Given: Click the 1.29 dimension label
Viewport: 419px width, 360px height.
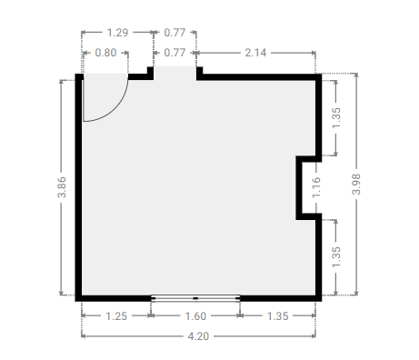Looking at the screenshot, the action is pos(117,33).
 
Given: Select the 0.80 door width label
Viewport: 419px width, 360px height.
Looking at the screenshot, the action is pos(105,53).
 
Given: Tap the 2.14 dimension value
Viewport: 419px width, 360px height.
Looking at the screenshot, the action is pos(255,53).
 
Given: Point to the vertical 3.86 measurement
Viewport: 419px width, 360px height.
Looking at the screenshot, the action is pos(62,187).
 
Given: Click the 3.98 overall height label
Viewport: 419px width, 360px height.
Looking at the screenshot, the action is pos(356,184).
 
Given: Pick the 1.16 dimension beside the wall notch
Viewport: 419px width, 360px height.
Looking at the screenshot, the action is pos(316,187).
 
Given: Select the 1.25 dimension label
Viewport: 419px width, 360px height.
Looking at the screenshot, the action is pos(116,316).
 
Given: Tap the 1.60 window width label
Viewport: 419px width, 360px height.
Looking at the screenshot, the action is pos(195,316).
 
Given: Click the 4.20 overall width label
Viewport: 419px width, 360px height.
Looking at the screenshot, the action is pos(198,336).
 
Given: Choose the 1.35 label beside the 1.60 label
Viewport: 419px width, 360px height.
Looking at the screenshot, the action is pos(277,316).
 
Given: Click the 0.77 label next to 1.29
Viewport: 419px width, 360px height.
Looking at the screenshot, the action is pos(175,33).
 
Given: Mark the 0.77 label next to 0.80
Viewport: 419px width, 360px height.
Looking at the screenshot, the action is pos(175,53).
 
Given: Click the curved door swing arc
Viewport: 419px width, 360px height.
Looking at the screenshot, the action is pos(115,108).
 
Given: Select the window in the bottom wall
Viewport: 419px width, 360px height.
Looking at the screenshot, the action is pos(195,298).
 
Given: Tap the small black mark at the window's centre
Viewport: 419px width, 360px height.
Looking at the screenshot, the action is pos(195,298).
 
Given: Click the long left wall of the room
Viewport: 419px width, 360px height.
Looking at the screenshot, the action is pos(79,187).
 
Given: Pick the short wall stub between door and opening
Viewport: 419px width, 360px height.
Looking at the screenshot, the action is pos(141,74).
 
